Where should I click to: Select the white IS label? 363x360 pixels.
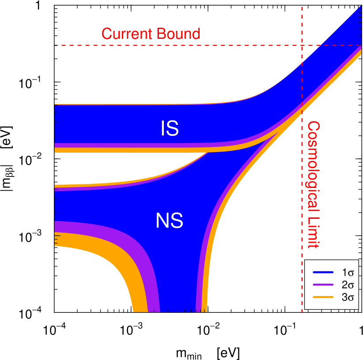(x=169, y=128)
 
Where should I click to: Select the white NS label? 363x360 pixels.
(x=169, y=221)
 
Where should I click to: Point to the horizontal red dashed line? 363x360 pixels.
(x=177, y=45)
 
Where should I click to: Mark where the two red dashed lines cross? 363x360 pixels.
(x=302, y=45)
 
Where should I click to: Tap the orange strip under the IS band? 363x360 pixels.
(x=110, y=150)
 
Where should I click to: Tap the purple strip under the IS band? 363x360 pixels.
(x=110, y=146)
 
